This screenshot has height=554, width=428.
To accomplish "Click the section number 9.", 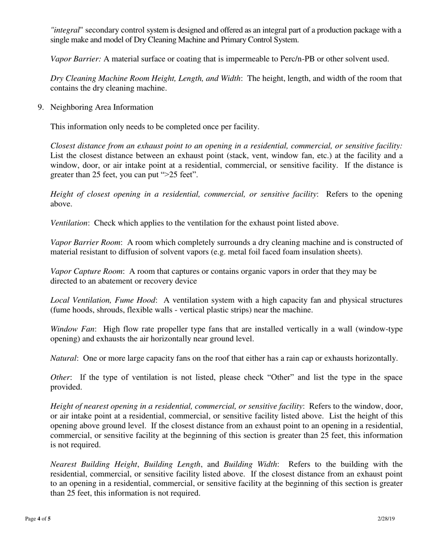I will [x=40, y=107].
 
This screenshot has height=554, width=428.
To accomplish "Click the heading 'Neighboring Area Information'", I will [x=102, y=107].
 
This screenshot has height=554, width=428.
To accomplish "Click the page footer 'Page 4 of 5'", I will [x=38, y=519].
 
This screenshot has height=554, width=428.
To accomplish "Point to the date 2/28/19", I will [x=386, y=519].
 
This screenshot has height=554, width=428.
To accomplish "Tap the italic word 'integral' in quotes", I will [x=66, y=30].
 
